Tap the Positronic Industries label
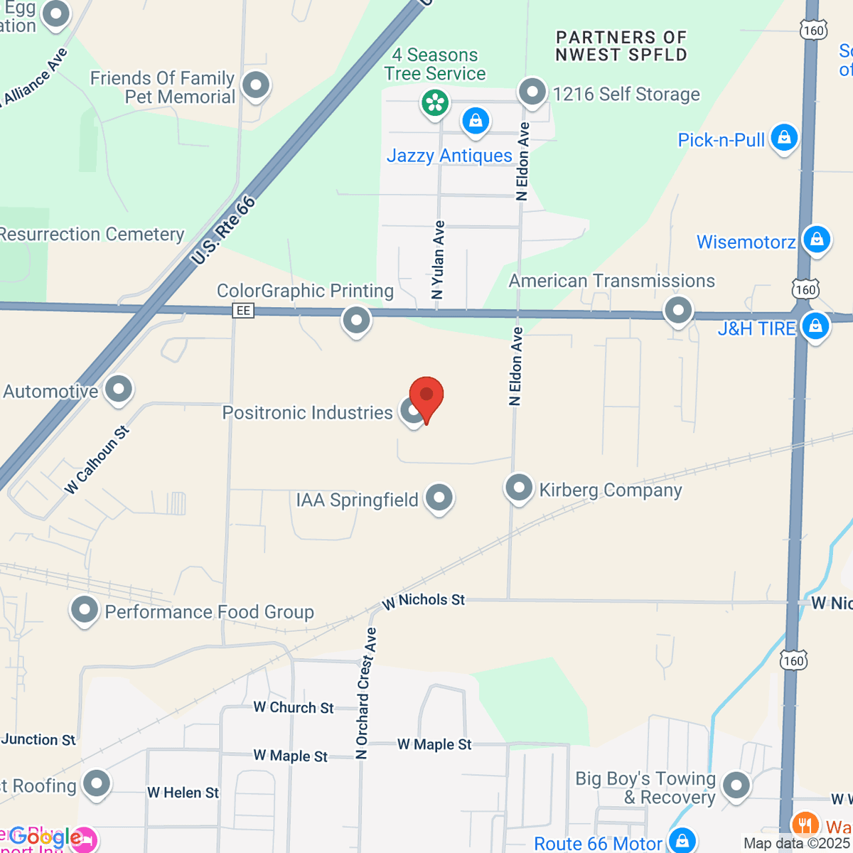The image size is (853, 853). click(x=307, y=413)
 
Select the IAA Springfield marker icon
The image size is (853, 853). click(x=439, y=498)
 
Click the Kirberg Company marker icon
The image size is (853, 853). click(x=519, y=488)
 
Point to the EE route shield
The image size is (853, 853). click(x=243, y=311)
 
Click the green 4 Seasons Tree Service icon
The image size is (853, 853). click(x=434, y=103)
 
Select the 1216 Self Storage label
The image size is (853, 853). click(x=626, y=95)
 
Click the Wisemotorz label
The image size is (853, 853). click(x=746, y=242)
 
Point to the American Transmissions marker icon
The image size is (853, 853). click(x=678, y=310)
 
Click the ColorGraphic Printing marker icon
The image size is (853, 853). click(x=356, y=320)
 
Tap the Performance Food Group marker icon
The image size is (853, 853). click(x=85, y=609)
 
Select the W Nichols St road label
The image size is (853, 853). click(x=424, y=601)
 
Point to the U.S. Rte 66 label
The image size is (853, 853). click(x=223, y=231)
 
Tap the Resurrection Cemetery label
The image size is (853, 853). click(x=92, y=235)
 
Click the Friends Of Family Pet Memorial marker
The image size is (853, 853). click(x=255, y=85)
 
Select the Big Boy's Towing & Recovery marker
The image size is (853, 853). click(x=736, y=785)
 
